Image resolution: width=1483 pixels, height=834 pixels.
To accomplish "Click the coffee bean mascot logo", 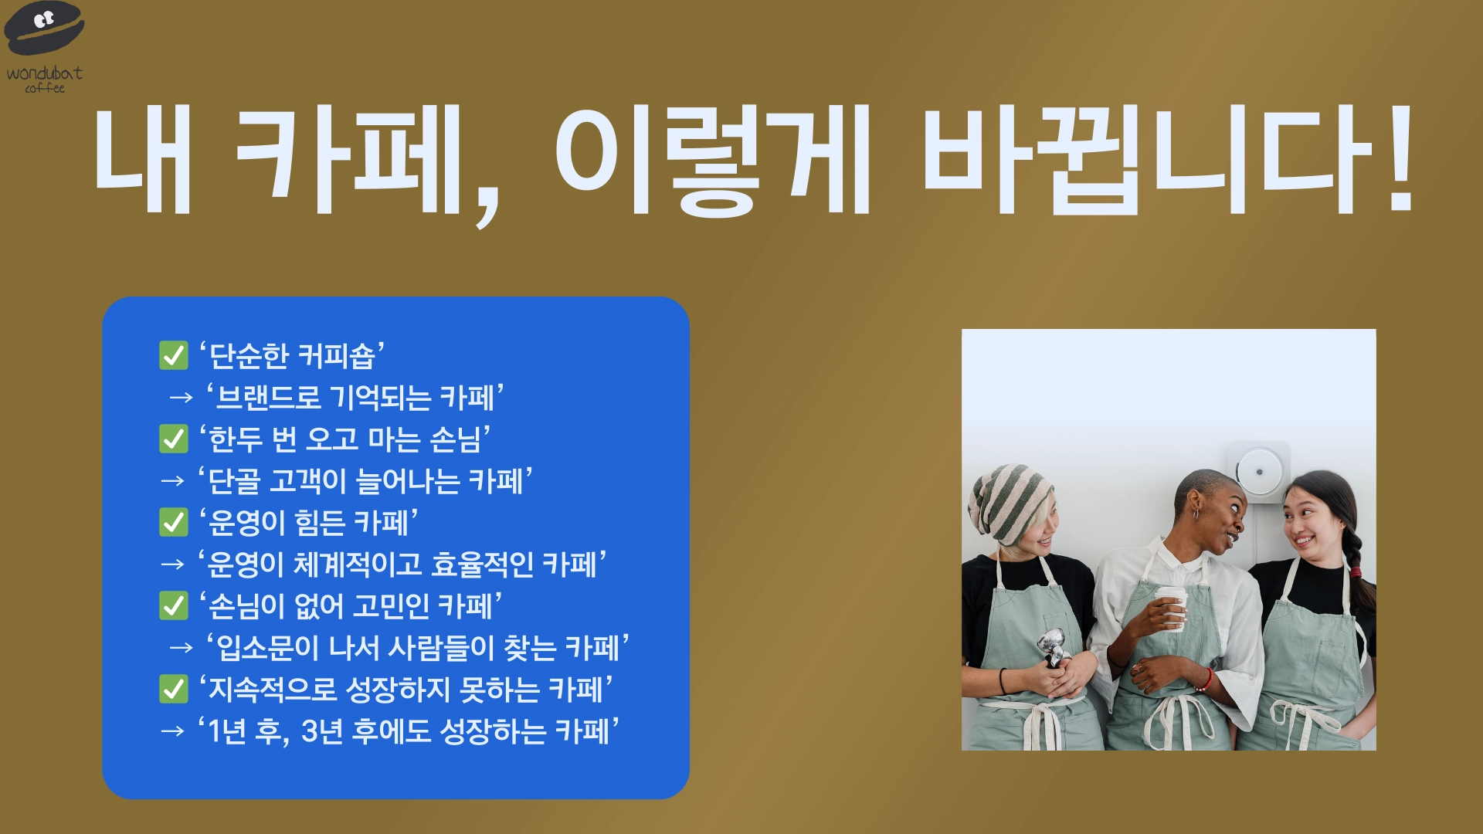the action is [44, 28].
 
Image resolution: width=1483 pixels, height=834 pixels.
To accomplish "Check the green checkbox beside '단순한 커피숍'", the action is [174, 356].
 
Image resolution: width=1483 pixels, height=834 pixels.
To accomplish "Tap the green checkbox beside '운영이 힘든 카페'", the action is [174, 523].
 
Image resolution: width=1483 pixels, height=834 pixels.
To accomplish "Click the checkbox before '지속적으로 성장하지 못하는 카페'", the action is [174, 690].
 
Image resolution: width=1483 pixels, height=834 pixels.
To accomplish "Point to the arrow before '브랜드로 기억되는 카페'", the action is [182, 398].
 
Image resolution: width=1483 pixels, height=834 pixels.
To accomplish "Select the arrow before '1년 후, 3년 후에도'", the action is [173, 731].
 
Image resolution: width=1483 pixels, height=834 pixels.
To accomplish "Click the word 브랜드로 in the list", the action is [268, 398].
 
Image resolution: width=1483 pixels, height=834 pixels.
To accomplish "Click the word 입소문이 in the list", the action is [267, 648].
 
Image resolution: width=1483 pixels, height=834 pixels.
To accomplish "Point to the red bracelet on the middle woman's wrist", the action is [1205, 680].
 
